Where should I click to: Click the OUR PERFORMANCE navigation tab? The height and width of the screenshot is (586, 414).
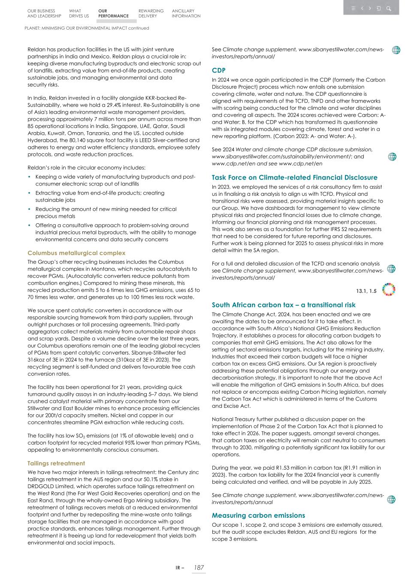(113, 13)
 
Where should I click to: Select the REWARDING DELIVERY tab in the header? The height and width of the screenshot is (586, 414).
(151, 13)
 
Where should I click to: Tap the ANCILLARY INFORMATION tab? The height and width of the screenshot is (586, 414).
(186, 13)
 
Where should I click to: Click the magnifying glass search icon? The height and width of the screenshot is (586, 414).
(388, 8)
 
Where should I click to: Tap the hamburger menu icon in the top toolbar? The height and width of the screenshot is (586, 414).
(353, 8)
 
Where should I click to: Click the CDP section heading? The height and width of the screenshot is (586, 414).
(218, 70)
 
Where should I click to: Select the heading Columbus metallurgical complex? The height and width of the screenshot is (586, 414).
(76, 253)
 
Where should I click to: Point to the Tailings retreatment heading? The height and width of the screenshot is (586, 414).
(56, 463)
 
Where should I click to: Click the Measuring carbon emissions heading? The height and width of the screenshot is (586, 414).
(258, 515)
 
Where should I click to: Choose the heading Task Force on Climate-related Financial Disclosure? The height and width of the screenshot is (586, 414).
(294, 177)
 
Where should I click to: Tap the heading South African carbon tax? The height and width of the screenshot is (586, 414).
(283, 305)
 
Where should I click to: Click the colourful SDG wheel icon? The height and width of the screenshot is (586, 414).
(389, 290)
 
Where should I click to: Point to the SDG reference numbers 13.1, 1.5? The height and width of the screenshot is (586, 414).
(366, 291)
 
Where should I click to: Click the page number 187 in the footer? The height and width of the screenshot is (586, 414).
(199, 568)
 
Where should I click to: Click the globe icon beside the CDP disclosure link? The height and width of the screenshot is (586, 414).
(392, 157)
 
